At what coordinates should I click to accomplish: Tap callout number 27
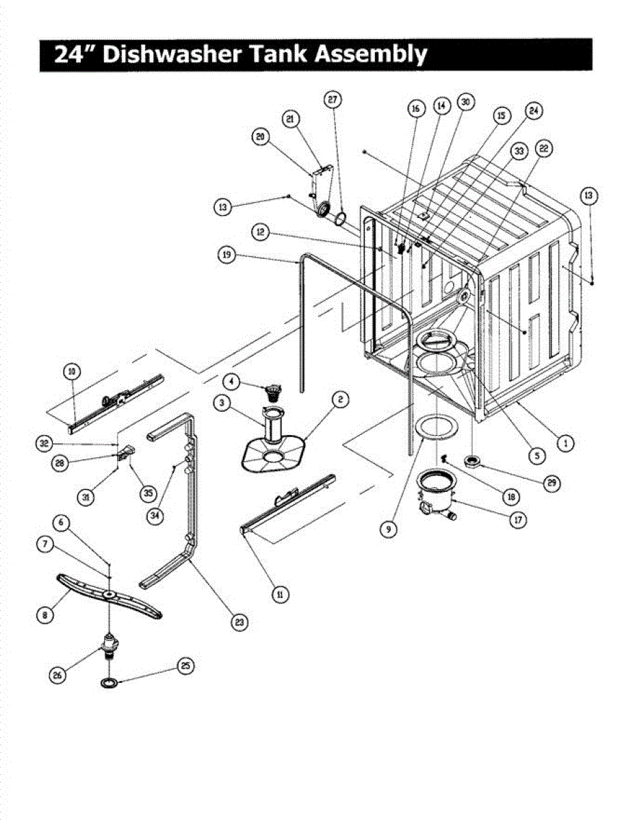tap(333, 99)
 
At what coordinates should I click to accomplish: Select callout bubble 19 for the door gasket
tap(228, 256)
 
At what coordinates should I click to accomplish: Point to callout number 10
tap(71, 372)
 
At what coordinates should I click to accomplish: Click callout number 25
tap(185, 666)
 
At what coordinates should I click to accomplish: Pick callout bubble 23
tap(238, 622)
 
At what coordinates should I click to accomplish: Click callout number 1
tap(564, 443)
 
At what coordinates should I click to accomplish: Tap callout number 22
tap(545, 149)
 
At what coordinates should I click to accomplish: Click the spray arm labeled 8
tap(109, 596)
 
